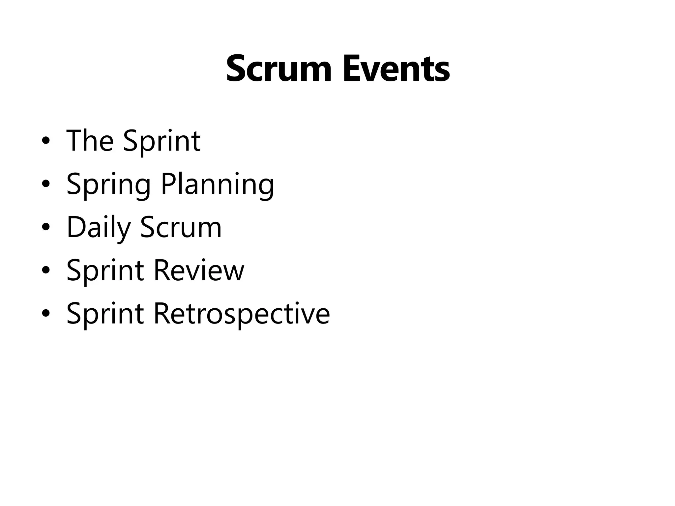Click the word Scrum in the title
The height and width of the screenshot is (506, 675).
point(279,70)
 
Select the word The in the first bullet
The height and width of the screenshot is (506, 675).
point(90,141)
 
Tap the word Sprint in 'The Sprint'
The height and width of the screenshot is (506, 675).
point(161,142)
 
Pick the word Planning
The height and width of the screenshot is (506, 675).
point(217,185)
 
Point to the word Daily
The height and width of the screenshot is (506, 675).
point(99,228)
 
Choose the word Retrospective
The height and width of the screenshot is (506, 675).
point(242,314)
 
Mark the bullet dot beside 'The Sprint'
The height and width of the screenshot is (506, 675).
point(46,141)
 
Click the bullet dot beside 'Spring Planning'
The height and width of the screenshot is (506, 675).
point(46,184)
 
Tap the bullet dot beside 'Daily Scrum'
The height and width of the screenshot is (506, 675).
point(46,227)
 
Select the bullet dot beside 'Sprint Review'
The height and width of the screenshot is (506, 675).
point(46,270)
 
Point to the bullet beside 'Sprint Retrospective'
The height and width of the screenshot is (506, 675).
point(46,314)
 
